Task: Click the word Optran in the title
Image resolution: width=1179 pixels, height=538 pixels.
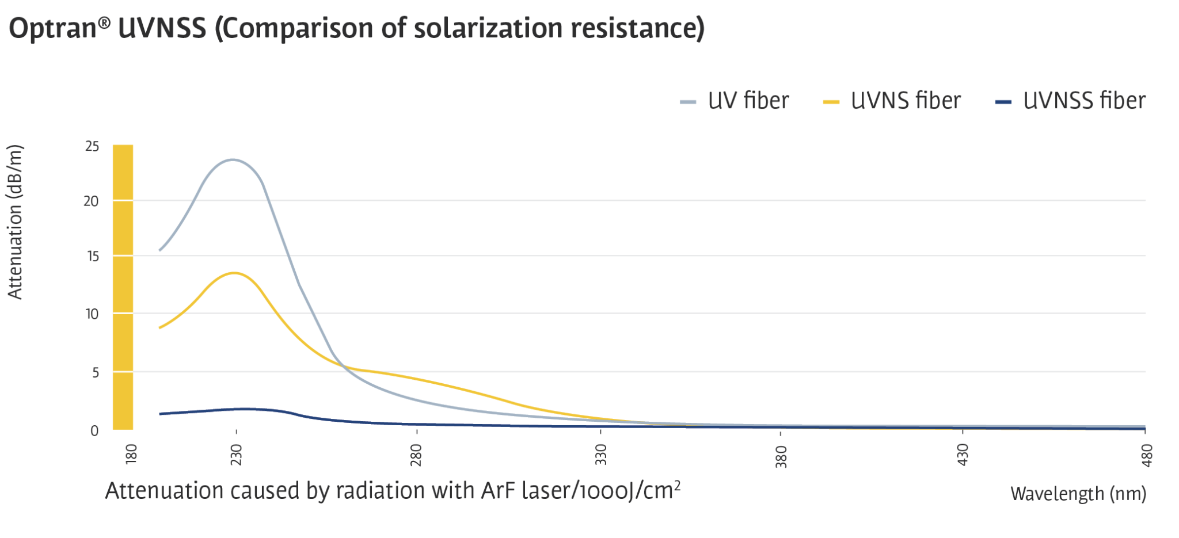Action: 52,28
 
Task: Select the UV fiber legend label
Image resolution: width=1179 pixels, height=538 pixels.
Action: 748,101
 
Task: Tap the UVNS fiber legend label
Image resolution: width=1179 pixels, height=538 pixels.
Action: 906,101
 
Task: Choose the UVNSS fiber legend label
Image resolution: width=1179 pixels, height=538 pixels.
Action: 1084,101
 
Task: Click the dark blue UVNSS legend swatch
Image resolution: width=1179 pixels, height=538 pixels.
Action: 1003,102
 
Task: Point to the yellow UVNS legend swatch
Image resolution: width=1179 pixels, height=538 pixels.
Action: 831,102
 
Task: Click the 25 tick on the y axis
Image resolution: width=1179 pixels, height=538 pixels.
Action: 92,147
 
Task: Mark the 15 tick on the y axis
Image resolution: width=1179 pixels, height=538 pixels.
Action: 93,256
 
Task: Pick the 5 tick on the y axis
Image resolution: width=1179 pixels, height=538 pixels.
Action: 96,373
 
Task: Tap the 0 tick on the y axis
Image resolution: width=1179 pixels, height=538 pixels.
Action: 94,431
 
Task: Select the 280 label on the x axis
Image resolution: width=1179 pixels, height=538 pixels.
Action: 416,455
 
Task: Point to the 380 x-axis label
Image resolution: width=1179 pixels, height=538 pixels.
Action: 781,456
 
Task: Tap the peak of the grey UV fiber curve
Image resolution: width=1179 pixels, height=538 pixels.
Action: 232,159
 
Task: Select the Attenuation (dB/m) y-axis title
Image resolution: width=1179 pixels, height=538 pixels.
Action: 16,222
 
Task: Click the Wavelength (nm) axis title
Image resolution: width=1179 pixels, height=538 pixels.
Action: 1078,494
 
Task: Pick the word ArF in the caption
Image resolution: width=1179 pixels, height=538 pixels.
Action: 499,491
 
